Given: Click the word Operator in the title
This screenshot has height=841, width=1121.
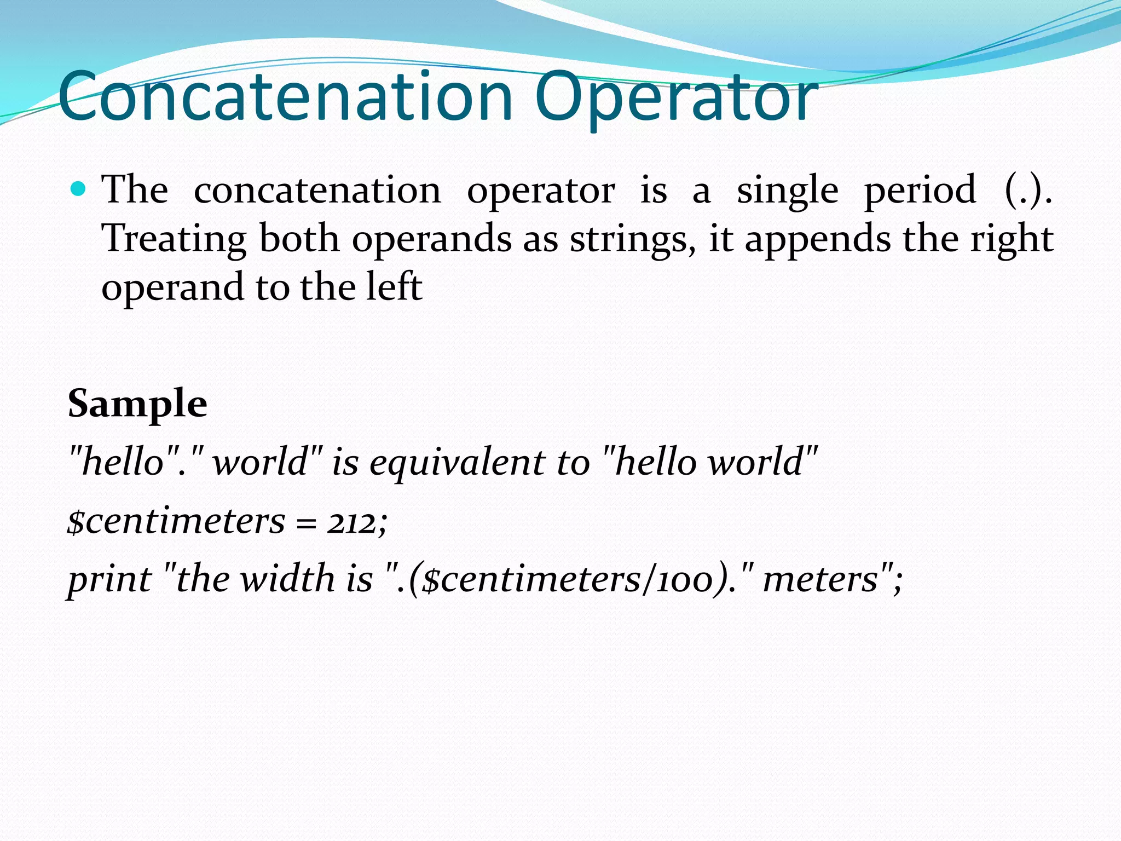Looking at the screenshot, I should [x=676, y=97].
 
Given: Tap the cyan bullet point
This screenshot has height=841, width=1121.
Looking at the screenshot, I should [x=79, y=189].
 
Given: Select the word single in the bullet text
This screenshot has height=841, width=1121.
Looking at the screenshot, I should [x=787, y=191].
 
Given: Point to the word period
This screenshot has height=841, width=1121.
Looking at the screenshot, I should [x=920, y=191].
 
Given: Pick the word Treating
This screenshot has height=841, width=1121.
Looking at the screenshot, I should [x=174, y=239].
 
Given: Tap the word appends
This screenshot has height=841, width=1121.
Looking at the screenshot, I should [x=818, y=239].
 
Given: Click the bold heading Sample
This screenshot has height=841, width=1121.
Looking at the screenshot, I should [x=137, y=404].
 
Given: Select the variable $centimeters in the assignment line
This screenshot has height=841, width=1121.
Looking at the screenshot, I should [x=176, y=521].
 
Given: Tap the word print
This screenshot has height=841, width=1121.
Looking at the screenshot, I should [x=109, y=580].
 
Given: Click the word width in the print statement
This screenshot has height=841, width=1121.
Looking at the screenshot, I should [x=288, y=579].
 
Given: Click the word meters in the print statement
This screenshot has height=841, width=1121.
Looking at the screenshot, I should [x=820, y=580].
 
